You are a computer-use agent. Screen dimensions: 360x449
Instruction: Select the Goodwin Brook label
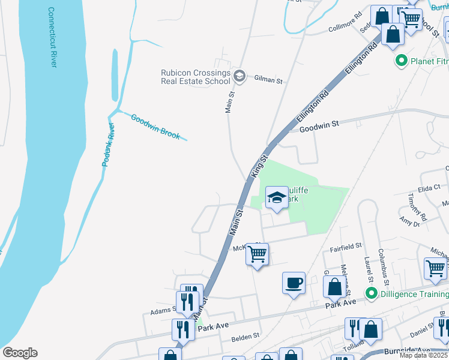tap(155, 127)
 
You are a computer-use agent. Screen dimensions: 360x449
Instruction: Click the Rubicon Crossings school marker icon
tap(240, 75)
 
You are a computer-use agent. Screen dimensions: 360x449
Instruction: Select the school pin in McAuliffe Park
tap(277, 197)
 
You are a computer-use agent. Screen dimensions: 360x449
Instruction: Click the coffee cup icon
tap(294, 283)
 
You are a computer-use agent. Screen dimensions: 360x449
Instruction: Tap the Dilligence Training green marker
tap(371, 294)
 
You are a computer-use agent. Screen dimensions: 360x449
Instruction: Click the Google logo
tap(20, 352)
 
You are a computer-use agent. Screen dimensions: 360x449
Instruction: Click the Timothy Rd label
tap(417, 206)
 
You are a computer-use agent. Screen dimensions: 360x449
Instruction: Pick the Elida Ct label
tap(429, 188)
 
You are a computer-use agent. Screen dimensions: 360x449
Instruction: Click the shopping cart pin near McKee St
tap(258, 254)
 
